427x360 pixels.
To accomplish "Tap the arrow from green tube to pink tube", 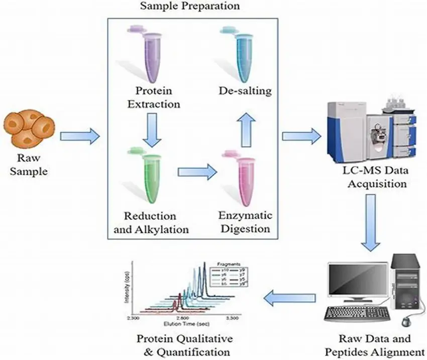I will [x=196, y=172].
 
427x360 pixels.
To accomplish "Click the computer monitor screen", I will [x=357, y=283].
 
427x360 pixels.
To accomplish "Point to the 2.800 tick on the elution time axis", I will [x=182, y=318].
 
